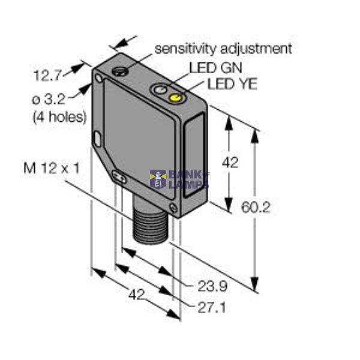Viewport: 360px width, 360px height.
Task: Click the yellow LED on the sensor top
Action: click(176, 98)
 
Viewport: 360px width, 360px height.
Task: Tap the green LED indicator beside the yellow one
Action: click(160, 91)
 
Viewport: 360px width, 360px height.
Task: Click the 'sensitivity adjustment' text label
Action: click(223, 48)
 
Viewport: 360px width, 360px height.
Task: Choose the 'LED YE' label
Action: click(232, 84)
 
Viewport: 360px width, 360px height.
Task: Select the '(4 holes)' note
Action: click(59, 116)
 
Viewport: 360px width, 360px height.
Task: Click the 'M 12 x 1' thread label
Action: click(52, 169)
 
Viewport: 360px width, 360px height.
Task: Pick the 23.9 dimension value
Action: click(212, 285)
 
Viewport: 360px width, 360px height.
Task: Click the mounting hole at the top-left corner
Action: click(100, 79)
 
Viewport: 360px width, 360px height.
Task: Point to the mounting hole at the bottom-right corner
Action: click(173, 208)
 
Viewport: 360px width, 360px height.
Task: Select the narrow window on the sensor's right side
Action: click(196, 161)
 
